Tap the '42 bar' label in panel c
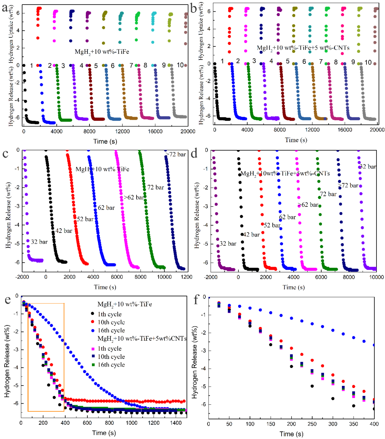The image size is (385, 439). click(x=63, y=231)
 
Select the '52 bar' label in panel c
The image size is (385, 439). click(x=85, y=219)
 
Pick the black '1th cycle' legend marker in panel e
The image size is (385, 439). click(x=93, y=315)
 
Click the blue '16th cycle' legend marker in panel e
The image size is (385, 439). click(x=93, y=331)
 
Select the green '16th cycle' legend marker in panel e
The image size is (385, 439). click(x=93, y=365)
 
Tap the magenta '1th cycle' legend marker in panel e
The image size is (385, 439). click(x=93, y=349)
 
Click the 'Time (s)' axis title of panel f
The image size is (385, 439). click(x=291, y=434)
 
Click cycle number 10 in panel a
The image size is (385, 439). click(x=180, y=65)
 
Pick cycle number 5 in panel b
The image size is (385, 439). click(x=287, y=62)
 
